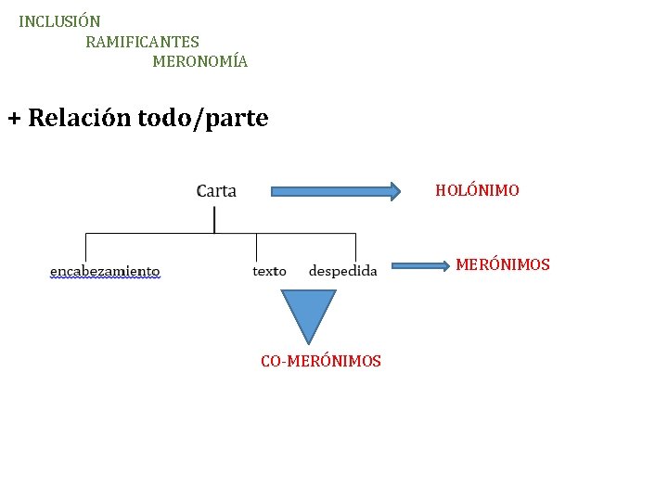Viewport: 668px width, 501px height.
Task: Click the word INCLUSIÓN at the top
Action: [x=59, y=20]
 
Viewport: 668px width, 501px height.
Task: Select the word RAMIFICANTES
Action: [x=142, y=42]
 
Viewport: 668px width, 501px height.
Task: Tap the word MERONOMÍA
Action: [x=199, y=62]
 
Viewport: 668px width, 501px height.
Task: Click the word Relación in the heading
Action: [x=80, y=119]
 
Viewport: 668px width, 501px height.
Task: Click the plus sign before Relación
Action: [x=14, y=119]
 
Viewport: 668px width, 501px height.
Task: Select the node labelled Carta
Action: [x=216, y=191]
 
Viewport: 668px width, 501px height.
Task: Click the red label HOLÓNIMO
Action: [x=477, y=190]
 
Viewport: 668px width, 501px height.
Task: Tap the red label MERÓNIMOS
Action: [x=502, y=264]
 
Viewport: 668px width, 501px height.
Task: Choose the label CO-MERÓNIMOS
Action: [x=320, y=361]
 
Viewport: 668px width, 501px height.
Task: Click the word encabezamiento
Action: [x=105, y=271]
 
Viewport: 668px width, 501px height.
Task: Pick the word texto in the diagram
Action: [x=269, y=271]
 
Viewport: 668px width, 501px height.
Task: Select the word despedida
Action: [x=342, y=271]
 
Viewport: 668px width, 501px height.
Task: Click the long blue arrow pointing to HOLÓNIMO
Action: [x=335, y=191]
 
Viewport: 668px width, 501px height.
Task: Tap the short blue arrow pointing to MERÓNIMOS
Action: [x=418, y=266]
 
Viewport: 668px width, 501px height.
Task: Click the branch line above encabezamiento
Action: [x=86, y=247]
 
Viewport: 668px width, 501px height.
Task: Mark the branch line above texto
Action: [x=257, y=247]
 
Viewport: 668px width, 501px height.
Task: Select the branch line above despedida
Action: [x=356, y=247]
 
